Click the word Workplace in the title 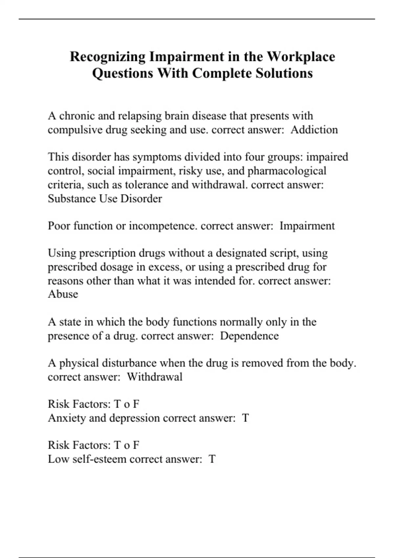[300, 56]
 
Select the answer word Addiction [314, 130]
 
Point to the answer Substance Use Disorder [105, 199]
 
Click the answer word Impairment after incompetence [307, 226]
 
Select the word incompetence [163, 226]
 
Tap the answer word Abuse [63, 294]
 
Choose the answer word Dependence [249, 336]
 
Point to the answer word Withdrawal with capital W [154, 377]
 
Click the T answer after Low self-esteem [212, 459]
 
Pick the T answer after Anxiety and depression [245, 418]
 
